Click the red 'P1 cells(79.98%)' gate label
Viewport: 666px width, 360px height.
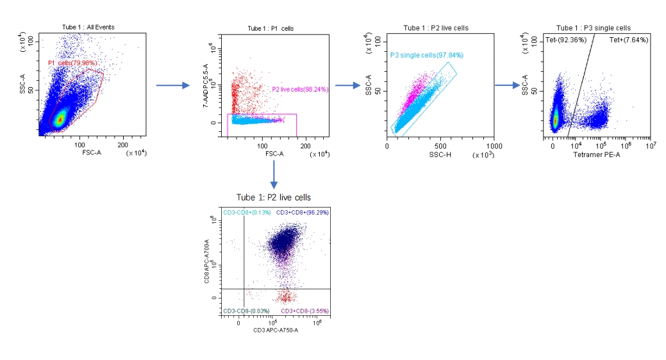click(72, 63)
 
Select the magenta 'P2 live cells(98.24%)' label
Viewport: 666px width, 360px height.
click(300, 90)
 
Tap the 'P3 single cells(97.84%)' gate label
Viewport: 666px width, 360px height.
click(426, 55)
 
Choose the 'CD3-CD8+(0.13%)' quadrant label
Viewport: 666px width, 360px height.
click(247, 212)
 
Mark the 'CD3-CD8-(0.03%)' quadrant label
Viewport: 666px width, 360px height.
click(247, 311)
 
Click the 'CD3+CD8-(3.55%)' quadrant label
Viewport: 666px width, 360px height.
click(303, 311)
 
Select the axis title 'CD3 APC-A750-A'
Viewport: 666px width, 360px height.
click(276, 330)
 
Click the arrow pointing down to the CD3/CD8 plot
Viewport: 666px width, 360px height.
click(274, 174)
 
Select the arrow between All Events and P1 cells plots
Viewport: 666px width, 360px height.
click(173, 85)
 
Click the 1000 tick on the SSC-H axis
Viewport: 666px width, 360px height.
click(494, 147)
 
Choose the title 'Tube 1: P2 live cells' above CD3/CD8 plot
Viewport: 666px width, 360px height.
click(274, 197)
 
